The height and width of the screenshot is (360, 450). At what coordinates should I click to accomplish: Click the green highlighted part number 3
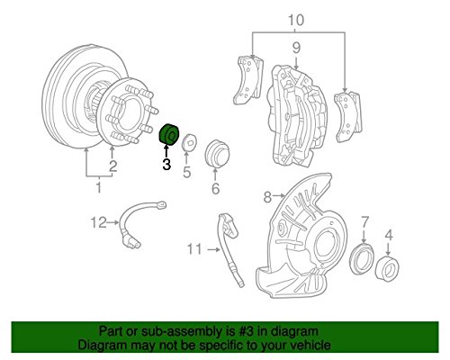point(169,135)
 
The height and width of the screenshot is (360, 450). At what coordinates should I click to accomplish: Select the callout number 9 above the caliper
point(294,49)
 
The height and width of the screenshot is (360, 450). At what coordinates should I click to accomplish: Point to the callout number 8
point(265,196)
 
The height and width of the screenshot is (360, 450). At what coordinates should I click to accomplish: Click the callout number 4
point(389,236)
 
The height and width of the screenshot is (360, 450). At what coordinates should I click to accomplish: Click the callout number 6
point(215,189)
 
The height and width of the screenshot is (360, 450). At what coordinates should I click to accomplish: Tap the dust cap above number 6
point(216,152)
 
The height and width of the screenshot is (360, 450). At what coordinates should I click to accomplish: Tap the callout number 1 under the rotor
point(99,188)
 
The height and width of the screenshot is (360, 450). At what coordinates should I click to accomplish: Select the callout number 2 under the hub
point(112,166)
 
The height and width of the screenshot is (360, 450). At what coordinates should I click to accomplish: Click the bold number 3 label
point(166,164)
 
